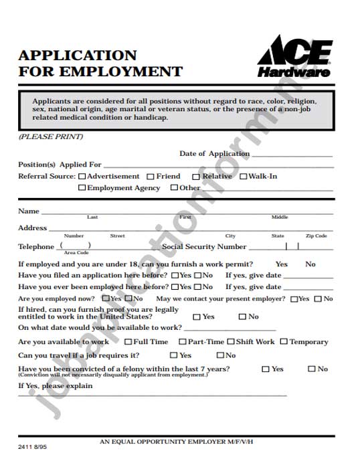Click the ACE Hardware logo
tap(294, 58)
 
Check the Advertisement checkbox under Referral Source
tap(82, 177)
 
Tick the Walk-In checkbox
tap(243, 177)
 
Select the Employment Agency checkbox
tap(82, 188)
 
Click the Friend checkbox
tap(151, 177)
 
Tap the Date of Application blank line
tap(292, 155)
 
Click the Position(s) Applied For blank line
tap(217, 165)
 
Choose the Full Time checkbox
tap(128, 342)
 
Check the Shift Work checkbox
tap(231, 342)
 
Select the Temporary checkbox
tap(284, 342)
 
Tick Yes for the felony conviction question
tap(265, 369)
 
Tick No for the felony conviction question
tap(311, 369)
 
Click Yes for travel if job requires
tap(174, 356)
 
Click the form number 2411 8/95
tap(32, 444)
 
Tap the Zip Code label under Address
tap(316, 236)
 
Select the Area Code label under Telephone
tap(76, 253)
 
